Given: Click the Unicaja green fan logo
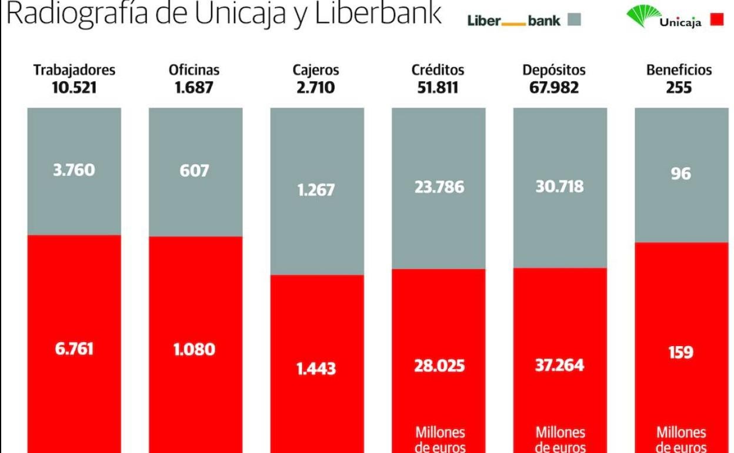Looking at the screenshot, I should [643, 15].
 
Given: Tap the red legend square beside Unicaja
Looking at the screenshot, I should [716, 20].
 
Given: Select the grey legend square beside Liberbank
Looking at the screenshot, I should [574, 20].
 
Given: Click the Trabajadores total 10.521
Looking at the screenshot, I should [74, 88].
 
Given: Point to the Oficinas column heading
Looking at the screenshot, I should [194, 70].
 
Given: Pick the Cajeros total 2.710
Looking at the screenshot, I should [316, 88].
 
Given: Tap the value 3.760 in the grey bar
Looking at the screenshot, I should [74, 170].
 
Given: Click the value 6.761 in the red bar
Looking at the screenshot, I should [74, 349].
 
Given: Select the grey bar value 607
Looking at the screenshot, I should [195, 171].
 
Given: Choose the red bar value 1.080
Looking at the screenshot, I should [195, 349].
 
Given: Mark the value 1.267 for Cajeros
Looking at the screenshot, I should [316, 190].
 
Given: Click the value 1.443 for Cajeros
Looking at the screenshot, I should [316, 369].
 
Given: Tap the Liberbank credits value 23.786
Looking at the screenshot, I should [439, 187].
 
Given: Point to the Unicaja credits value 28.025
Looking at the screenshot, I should [439, 366].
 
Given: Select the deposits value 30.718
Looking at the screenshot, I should [559, 186].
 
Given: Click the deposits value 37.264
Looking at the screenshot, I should [559, 365].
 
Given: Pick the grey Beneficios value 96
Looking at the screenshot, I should [680, 174].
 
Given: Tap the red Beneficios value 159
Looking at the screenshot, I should [680, 352].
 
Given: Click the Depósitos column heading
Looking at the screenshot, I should [554, 70].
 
